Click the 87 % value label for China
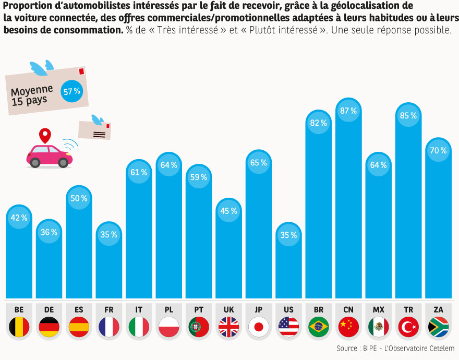(x=347, y=111)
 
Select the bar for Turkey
(x=408, y=209)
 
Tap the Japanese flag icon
(x=258, y=327)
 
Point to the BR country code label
(x=319, y=309)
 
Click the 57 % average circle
(x=72, y=91)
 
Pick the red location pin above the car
(x=46, y=136)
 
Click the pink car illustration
(x=50, y=155)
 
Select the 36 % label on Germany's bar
(x=49, y=232)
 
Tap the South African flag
(x=438, y=327)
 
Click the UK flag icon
(x=228, y=327)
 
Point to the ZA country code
(x=438, y=309)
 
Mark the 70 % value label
(x=438, y=151)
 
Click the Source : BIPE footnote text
(x=395, y=348)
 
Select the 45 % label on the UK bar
(x=228, y=211)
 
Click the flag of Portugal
(x=199, y=327)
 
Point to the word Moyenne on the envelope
(x=32, y=90)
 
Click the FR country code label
(x=108, y=309)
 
